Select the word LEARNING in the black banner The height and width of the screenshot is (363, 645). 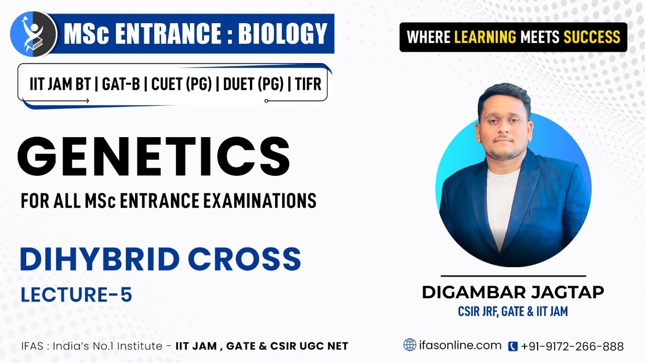pos(485,37)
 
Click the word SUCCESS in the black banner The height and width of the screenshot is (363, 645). pos(592,37)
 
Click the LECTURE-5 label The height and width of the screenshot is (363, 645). pos(76,295)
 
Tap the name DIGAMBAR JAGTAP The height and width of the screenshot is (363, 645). pos(513,292)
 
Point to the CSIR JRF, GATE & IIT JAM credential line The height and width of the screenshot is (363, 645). pos(513,312)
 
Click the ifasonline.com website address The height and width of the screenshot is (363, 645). pos(460,345)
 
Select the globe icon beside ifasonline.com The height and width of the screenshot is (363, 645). pos(410,345)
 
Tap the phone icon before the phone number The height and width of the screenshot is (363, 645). pos(513,346)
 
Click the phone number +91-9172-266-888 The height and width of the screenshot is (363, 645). pos(572,346)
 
